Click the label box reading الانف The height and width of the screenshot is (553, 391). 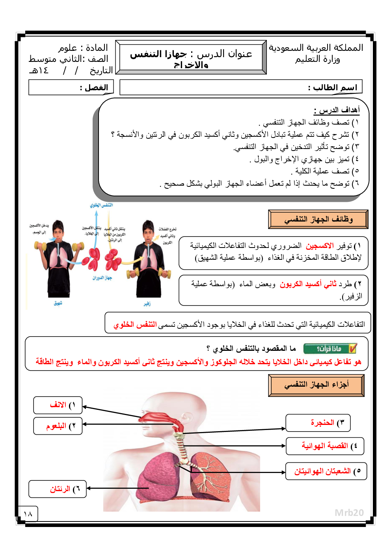(58, 405)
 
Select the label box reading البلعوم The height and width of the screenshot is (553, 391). (58, 426)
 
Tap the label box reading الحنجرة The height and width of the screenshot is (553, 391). (318, 423)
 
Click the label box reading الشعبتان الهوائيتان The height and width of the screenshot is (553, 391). (326, 471)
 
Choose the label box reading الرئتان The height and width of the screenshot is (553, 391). (58, 489)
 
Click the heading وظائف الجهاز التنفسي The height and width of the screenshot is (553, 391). (318, 219)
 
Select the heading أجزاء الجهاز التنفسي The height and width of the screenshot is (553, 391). (316, 385)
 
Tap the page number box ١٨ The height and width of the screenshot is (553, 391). (28, 514)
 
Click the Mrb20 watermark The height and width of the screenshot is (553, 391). (349, 512)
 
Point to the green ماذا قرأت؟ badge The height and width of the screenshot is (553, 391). (330, 348)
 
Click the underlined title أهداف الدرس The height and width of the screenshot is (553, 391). (337, 110)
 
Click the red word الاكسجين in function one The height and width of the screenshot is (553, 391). (320, 246)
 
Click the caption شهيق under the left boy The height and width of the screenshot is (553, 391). (58, 303)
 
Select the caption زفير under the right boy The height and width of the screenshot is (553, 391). (147, 303)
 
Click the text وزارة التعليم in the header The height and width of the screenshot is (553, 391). (317, 60)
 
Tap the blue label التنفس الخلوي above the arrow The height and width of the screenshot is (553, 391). (101, 205)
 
